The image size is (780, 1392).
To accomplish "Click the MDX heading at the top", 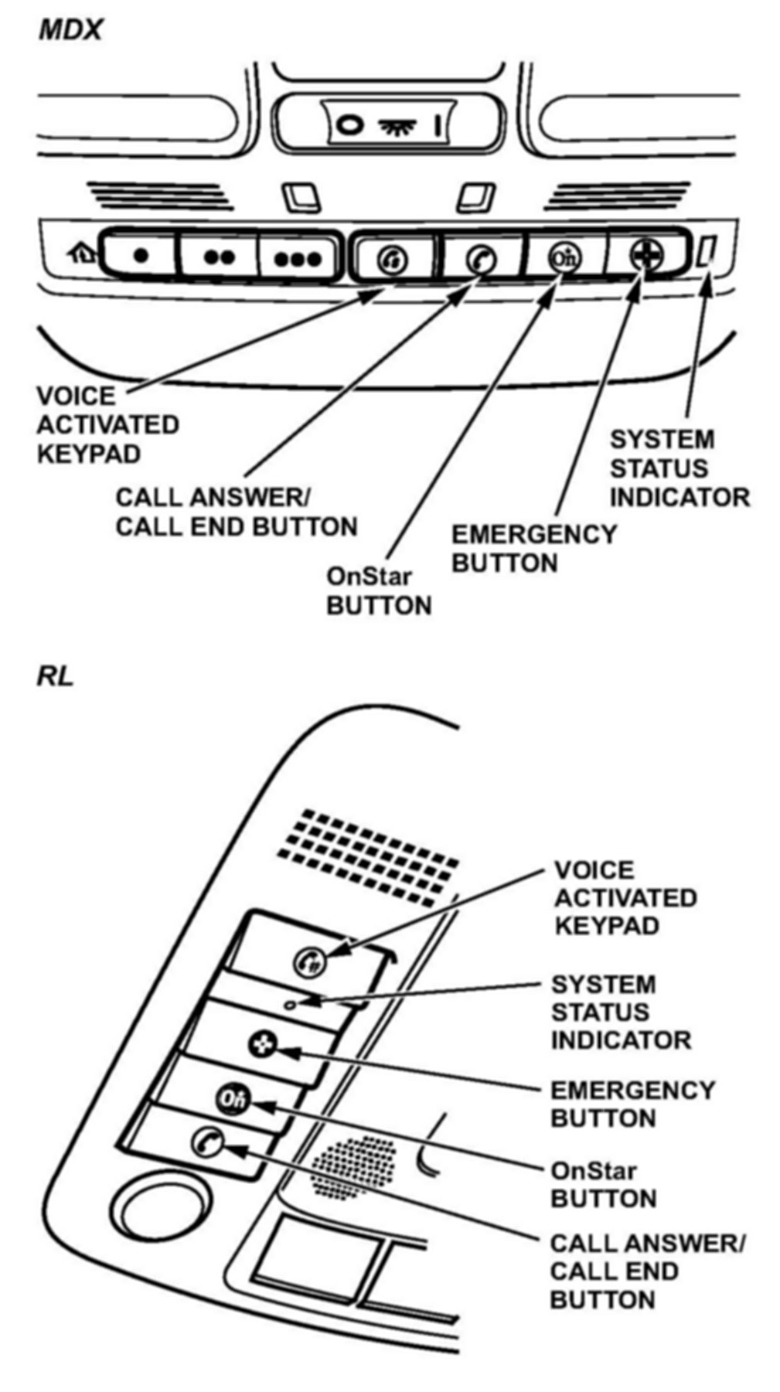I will click(70, 30).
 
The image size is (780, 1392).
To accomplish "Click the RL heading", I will click(55, 676).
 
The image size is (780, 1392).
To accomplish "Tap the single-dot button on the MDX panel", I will click(140, 255).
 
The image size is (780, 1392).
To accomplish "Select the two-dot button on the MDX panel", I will click(220, 257).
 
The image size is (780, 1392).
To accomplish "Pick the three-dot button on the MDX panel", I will click(298, 258).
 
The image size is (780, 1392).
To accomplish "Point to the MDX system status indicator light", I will click(707, 253).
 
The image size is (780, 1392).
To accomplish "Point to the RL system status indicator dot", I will click(289, 1005).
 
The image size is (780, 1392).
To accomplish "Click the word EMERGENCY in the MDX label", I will click(533, 534).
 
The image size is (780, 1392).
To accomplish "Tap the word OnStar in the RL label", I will click(594, 1170).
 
